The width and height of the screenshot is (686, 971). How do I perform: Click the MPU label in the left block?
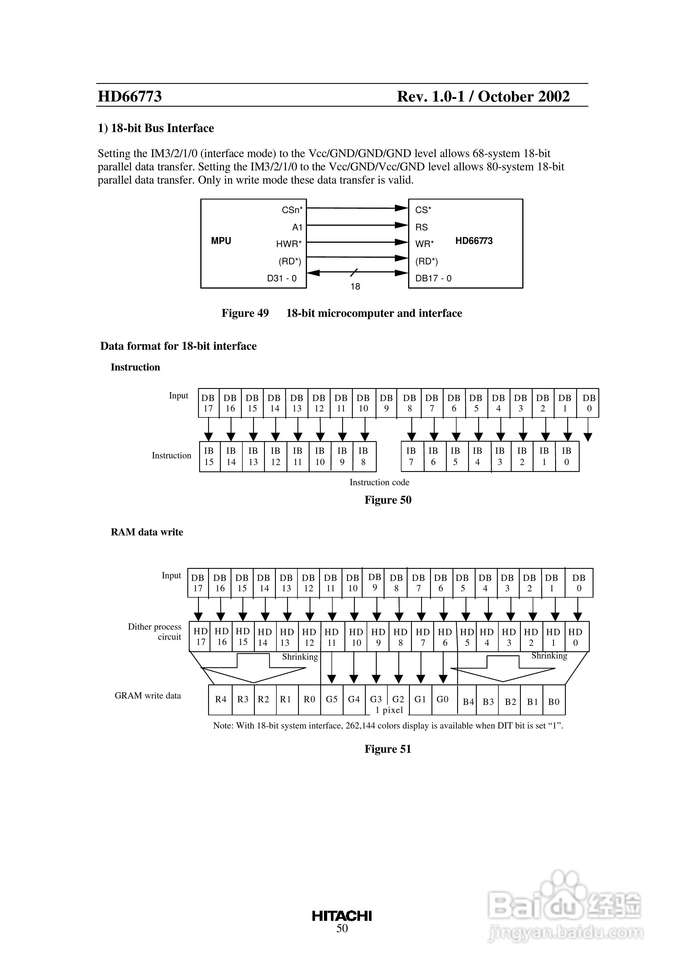(221, 241)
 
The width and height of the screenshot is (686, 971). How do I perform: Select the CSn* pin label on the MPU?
(292, 210)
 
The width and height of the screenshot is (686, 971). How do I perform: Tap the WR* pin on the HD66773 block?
(424, 244)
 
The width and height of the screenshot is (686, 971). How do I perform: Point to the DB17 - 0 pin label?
(433, 278)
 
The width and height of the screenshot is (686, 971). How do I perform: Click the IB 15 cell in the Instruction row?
(209, 456)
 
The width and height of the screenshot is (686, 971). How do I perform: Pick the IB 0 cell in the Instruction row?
(567, 456)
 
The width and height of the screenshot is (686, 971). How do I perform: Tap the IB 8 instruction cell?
(363, 456)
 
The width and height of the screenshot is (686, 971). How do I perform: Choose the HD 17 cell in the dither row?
(201, 637)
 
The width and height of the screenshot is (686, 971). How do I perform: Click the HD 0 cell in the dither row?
(575, 637)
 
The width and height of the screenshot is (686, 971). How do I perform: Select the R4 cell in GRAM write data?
(221, 699)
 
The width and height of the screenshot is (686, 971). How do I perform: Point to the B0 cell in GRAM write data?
(554, 702)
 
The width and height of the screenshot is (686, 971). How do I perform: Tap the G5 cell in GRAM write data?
(331, 699)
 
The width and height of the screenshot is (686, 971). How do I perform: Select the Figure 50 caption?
(388, 500)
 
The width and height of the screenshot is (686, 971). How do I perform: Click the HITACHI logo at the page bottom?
(342, 916)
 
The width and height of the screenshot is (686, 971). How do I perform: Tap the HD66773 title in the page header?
(130, 96)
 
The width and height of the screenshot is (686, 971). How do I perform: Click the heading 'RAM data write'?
(147, 532)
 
